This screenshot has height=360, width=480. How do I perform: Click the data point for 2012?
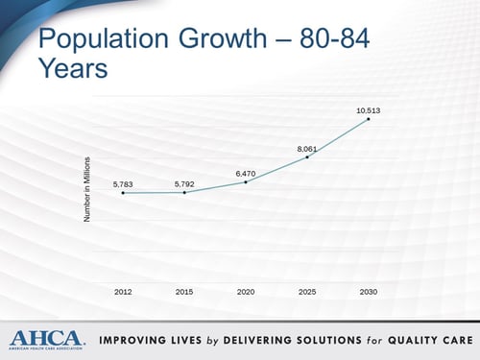click(123, 193)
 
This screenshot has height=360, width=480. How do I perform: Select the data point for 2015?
click(184, 192)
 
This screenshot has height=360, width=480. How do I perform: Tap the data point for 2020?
click(246, 181)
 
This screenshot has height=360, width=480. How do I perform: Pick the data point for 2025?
click(307, 156)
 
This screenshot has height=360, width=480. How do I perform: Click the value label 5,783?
click(123, 182)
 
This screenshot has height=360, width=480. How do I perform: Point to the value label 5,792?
click(184, 182)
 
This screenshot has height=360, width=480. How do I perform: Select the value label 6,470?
click(246, 172)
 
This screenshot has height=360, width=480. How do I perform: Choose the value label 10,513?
click(369, 109)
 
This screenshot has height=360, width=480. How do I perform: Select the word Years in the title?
click(72, 70)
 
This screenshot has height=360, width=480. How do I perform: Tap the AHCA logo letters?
click(46, 338)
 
